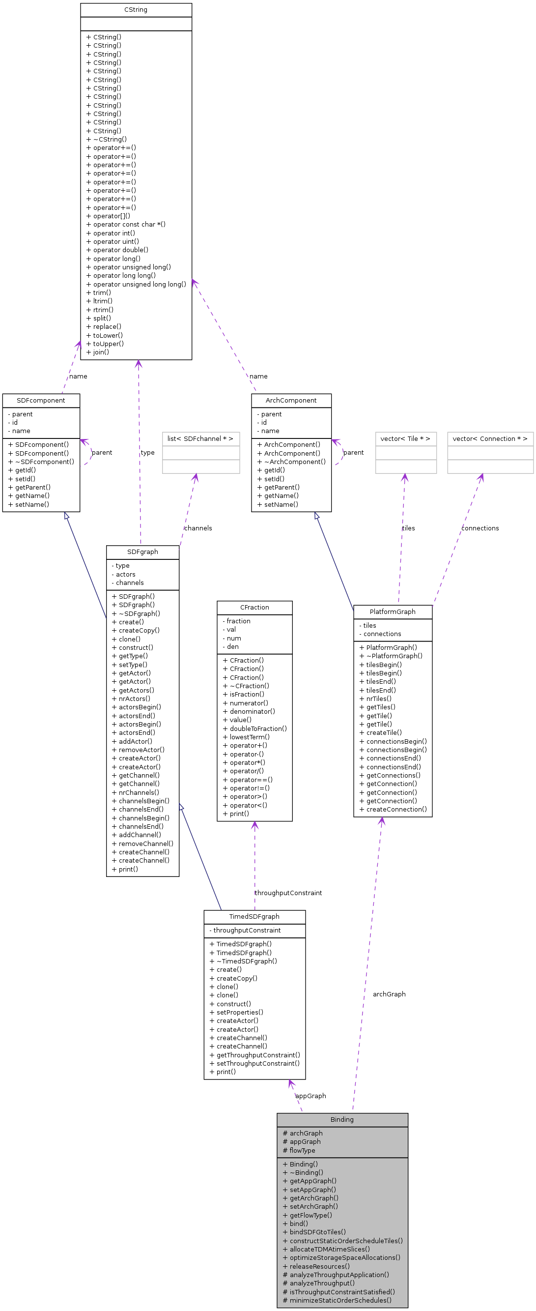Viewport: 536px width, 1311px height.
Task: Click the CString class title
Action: [x=135, y=10]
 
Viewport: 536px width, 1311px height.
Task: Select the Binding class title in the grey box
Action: [x=342, y=1119]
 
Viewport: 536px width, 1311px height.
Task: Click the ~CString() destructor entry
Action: [x=106, y=139]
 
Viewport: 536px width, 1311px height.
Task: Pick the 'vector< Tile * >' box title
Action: [x=405, y=438]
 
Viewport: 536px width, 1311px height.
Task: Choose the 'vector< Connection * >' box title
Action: [x=490, y=438]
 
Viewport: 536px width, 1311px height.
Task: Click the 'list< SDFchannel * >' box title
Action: [x=200, y=438]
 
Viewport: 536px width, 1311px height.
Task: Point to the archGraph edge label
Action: [x=389, y=994]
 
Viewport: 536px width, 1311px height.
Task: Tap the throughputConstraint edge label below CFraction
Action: [x=288, y=893]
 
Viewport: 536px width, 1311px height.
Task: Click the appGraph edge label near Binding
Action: [x=310, y=1096]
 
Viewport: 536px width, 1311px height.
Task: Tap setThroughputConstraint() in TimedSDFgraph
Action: [x=254, y=1063]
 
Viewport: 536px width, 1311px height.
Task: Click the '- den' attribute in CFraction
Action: [x=230, y=646]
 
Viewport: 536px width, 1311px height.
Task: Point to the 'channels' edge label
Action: [x=198, y=528]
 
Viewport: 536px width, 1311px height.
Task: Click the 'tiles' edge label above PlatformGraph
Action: [x=408, y=528]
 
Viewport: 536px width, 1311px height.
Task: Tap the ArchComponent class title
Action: [x=291, y=400]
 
